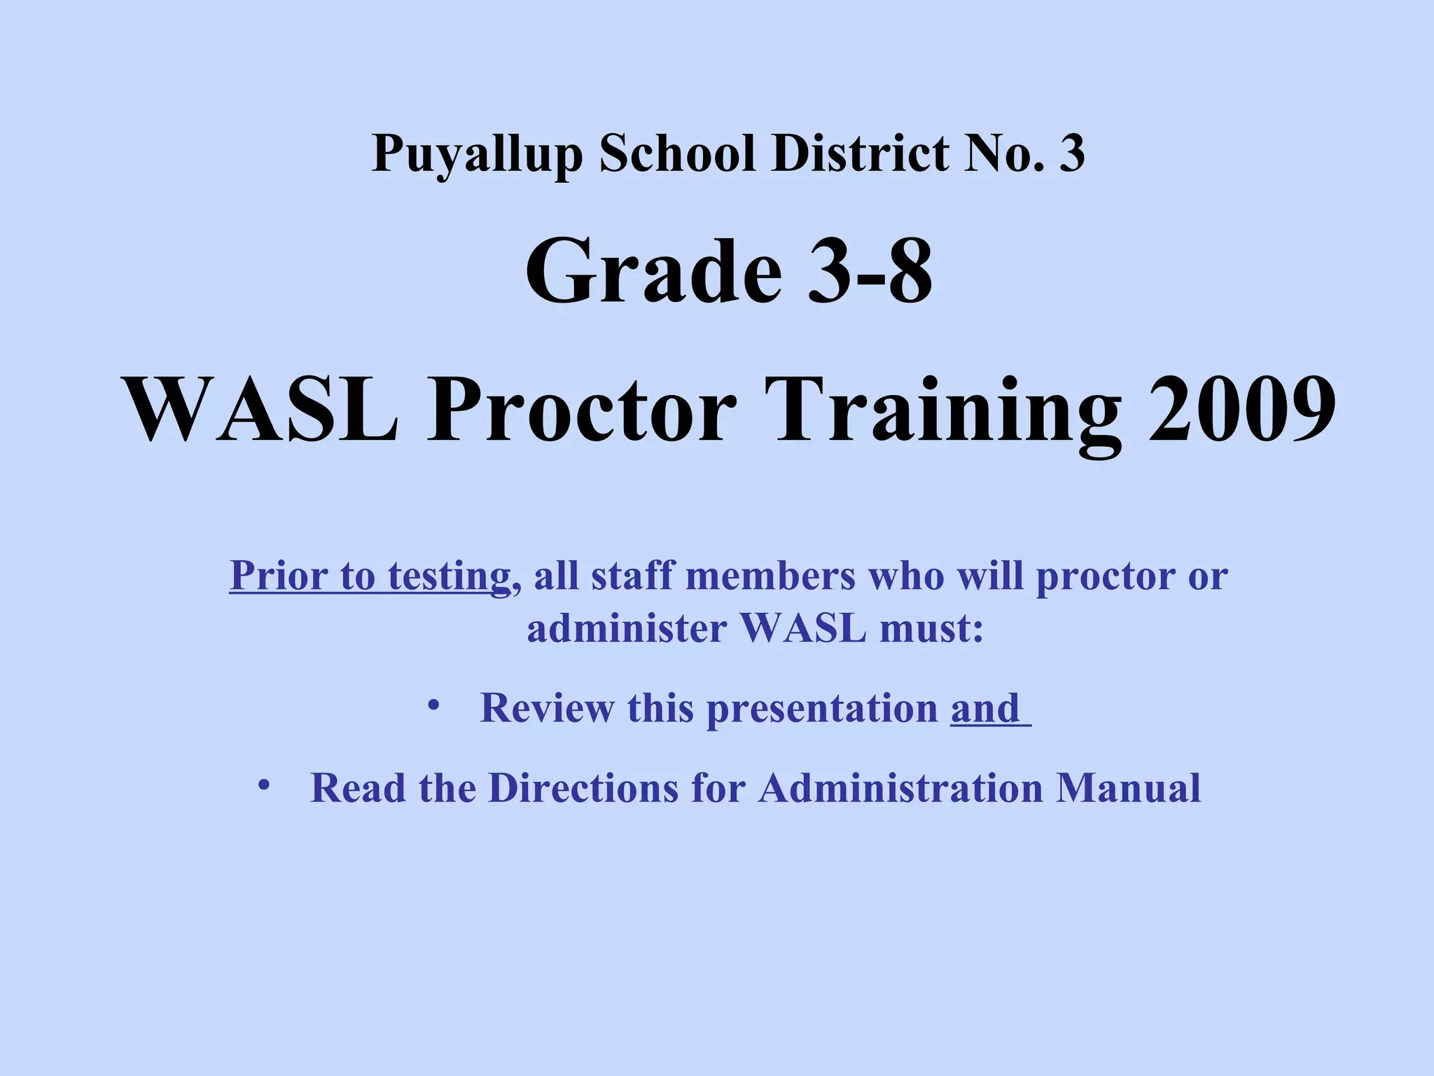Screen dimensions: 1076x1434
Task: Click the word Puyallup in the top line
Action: tap(477, 153)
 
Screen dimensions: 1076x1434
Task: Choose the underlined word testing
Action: tap(449, 577)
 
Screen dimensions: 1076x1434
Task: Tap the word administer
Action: tap(627, 628)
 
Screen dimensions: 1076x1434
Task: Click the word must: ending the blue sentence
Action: tap(931, 628)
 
